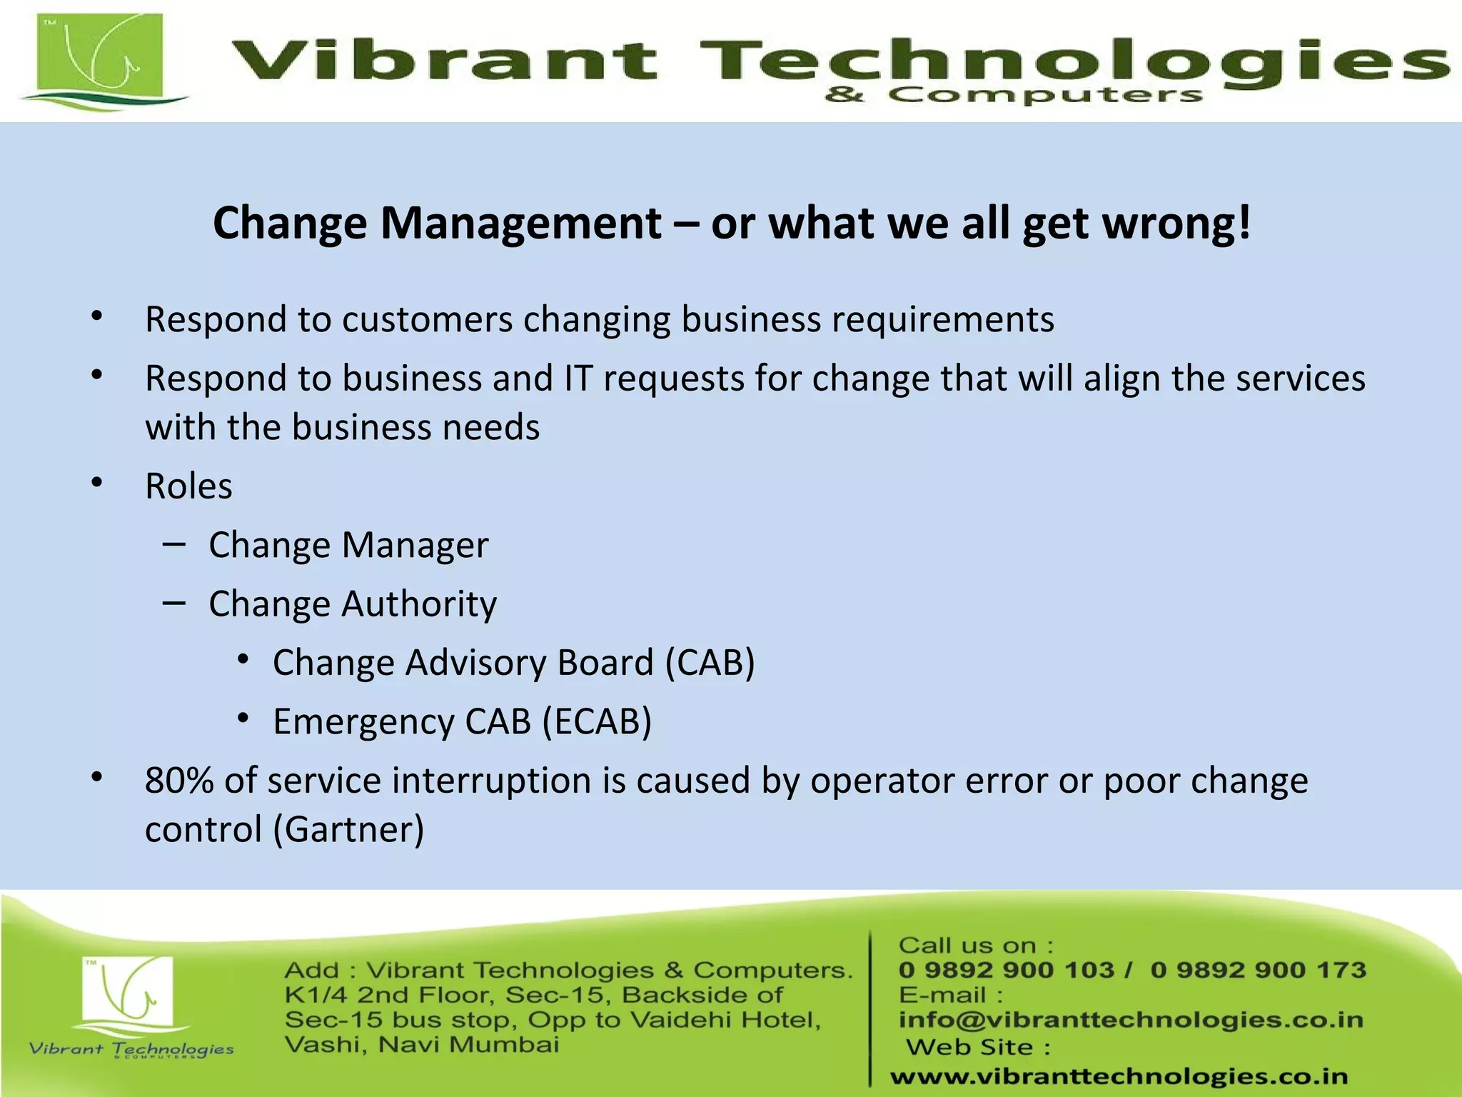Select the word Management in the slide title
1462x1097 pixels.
[x=521, y=223]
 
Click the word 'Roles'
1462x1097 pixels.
[x=188, y=486]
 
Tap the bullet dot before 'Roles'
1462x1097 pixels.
[x=98, y=484]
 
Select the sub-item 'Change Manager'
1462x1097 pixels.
[x=348, y=545]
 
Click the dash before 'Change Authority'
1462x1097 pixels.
[x=173, y=603]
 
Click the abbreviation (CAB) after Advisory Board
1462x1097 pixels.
[x=710, y=663]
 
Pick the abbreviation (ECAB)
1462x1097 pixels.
[x=597, y=721]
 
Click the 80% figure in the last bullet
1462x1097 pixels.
[x=179, y=780]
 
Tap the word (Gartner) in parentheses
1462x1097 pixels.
[x=349, y=830]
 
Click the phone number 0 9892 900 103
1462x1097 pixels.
[x=1006, y=970]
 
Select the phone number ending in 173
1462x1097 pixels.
[x=1258, y=970]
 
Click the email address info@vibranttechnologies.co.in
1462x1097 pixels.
[x=1131, y=1020]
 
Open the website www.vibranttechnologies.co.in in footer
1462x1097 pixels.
[x=1119, y=1076]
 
